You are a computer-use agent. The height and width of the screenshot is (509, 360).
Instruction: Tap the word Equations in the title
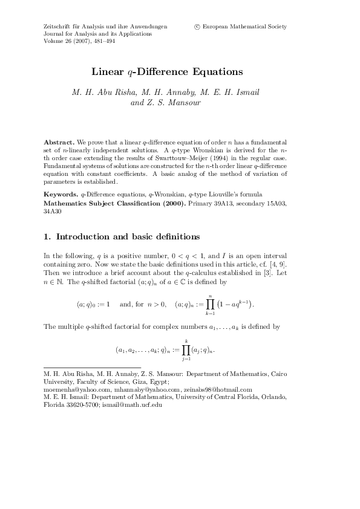[214, 72]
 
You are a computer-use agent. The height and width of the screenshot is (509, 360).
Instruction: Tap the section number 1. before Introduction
[48, 236]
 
